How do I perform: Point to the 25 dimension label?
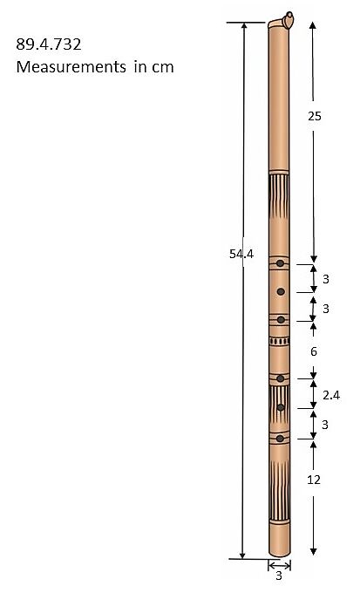pos(315,116)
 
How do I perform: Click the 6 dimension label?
pos(314,351)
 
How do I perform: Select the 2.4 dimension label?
pos(329,395)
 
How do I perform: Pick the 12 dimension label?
pos(315,480)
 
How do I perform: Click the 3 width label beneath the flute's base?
pos(279,576)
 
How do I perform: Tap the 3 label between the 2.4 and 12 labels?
pos(325,425)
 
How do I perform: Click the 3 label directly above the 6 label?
pos(325,309)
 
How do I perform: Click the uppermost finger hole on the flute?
pos(280,262)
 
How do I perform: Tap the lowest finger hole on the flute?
pos(280,438)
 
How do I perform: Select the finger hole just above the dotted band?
pos(280,320)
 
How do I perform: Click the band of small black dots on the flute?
pos(279,342)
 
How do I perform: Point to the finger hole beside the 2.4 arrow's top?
pos(280,378)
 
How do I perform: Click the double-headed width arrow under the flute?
pos(279,565)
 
